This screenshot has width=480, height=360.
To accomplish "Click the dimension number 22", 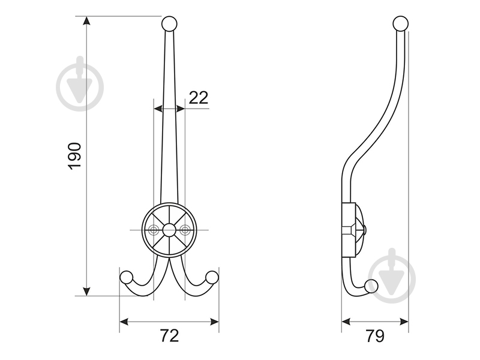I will pos(198,98).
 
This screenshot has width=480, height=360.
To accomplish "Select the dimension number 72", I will pos(170,336).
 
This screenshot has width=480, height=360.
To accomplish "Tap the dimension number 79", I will pos(374,336).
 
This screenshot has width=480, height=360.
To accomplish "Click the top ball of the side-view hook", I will pos(400,24).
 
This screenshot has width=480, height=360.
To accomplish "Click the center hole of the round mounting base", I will pos(169,229).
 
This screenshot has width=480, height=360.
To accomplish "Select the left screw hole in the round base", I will pos(154,229).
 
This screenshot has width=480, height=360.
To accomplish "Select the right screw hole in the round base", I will pos(185,229).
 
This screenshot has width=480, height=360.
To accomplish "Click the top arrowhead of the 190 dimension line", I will pos(88,21).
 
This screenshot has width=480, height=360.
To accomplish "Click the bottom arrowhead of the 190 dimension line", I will pos(88,291).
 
